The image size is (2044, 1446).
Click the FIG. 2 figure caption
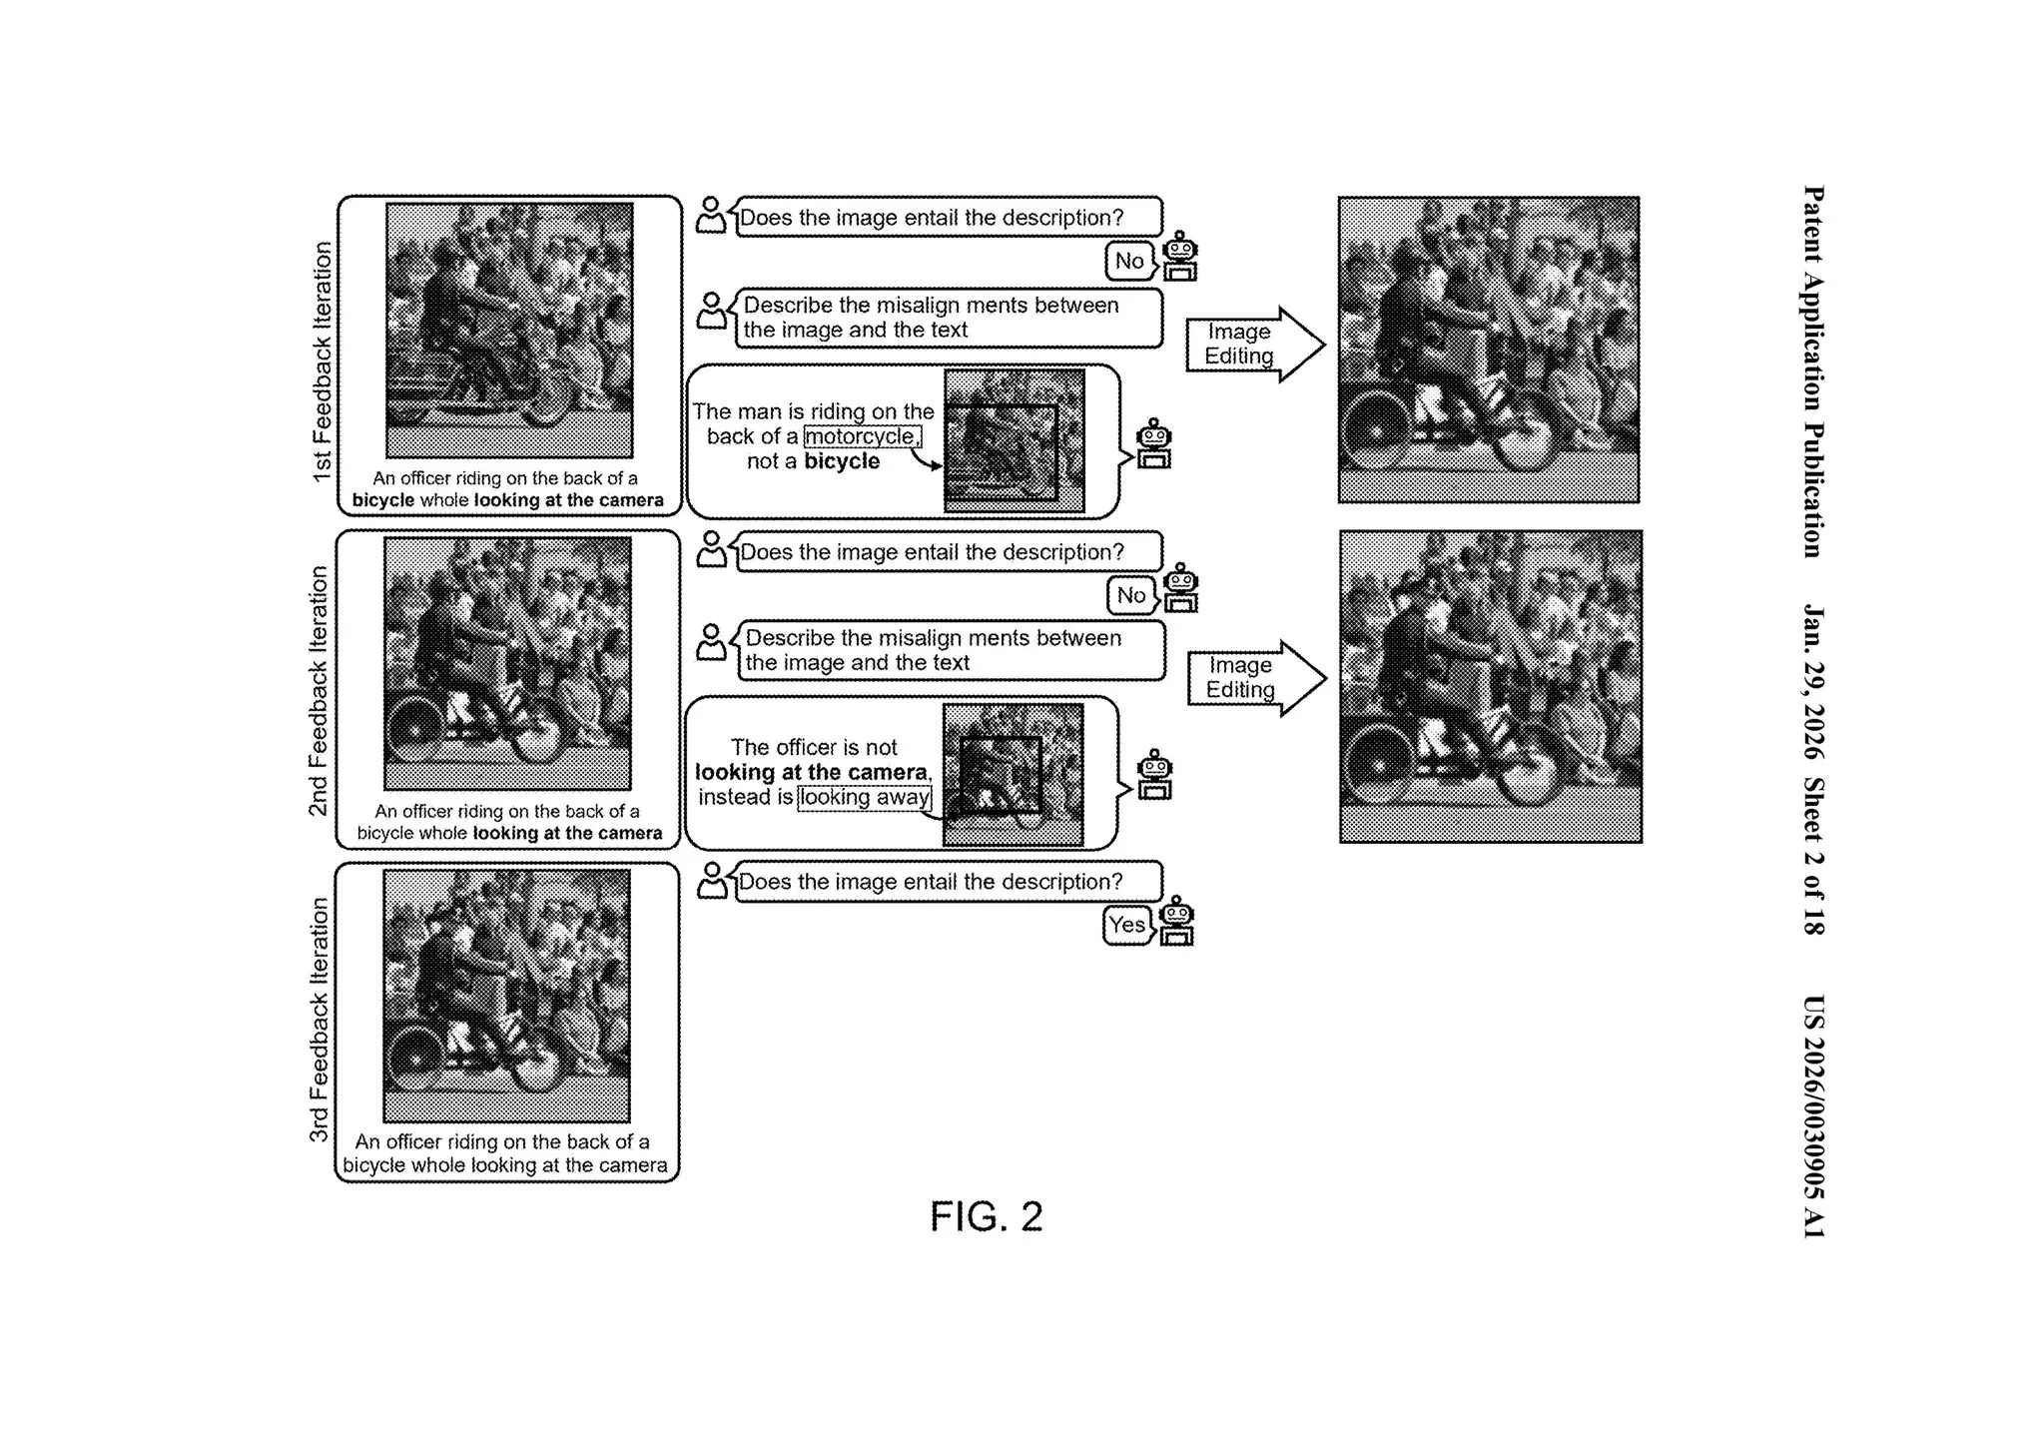pos(986,1216)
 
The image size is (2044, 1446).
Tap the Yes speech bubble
pos(1127,926)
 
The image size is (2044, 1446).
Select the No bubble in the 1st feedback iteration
pos(1129,262)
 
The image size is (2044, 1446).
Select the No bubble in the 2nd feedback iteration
pos(1130,596)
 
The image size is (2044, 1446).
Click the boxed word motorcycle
pos(862,436)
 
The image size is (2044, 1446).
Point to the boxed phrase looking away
pos(865,798)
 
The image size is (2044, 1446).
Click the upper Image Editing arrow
pos(1253,345)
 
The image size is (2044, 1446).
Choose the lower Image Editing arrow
pos(1255,678)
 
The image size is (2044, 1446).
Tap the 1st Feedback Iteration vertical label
pos(322,361)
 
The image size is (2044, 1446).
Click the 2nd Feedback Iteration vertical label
pos(319,691)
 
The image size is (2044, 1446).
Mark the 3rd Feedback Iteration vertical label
pos(319,1020)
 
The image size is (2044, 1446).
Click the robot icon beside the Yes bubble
pos(1176,921)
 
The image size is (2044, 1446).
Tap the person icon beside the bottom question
pos(711,881)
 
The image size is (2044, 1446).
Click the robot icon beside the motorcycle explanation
pos(1153,443)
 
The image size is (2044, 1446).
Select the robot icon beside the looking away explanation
pos(1154,775)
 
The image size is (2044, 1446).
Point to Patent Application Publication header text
pos(1813,371)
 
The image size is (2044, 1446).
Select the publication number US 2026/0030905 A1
pos(1813,1116)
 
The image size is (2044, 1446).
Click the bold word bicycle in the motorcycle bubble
pos(842,461)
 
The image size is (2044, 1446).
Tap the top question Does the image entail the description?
pos(932,218)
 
